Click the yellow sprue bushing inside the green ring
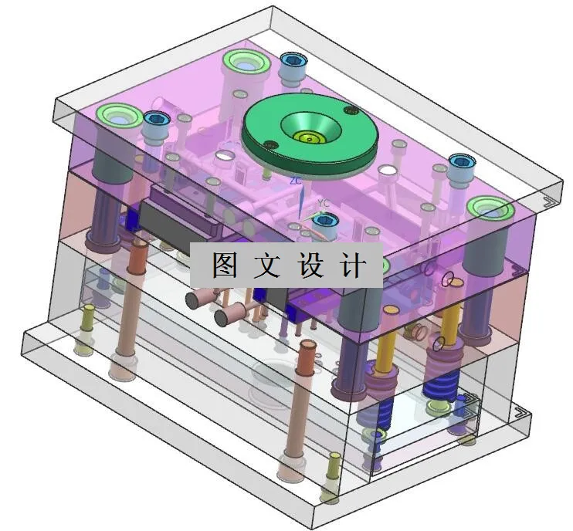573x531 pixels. [310, 139]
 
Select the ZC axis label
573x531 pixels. [294, 181]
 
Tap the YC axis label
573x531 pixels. [324, 204]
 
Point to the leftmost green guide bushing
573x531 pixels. [118, 116]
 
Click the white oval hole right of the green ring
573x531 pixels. [388, 168]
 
